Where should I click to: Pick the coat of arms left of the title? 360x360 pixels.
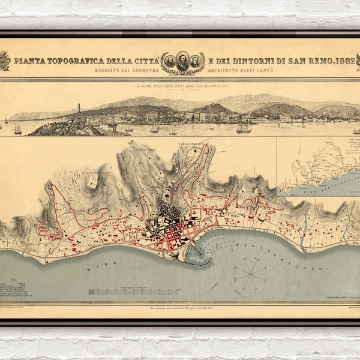pos(4,61)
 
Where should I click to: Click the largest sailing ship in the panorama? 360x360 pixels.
pos(244,128)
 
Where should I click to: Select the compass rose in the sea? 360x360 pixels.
pos(250,274)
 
